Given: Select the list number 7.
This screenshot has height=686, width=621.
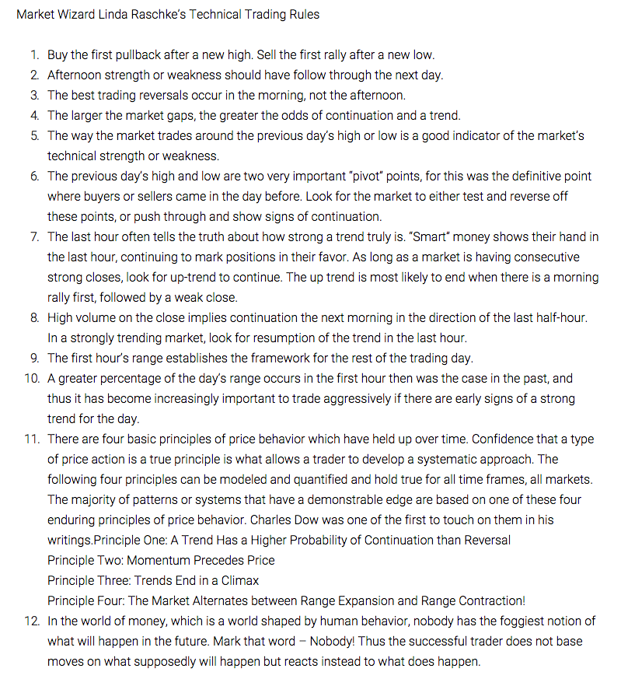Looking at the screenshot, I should click(35, 236).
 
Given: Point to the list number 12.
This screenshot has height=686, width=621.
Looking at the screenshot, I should click(32, 621).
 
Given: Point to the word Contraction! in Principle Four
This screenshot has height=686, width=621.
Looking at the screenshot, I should click(490, 600).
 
